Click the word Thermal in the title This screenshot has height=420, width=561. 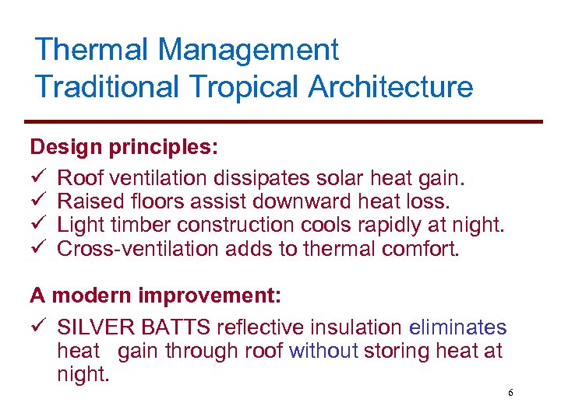coord(91,50)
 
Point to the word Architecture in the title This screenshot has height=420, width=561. coord(390,86)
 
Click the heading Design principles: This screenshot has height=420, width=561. coord(124,146)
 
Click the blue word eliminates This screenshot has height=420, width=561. coord(457,328)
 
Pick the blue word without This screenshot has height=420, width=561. coord(323,352)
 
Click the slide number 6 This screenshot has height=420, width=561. coord(510,393)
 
